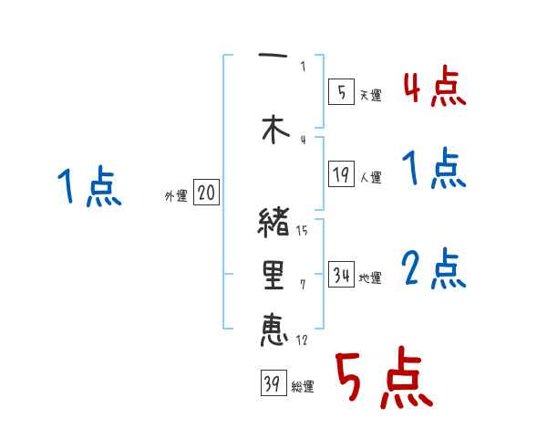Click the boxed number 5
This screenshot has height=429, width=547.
pyautogui.click(x=341, y=91)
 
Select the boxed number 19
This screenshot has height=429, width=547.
pyautogui.click(x=342, y=175)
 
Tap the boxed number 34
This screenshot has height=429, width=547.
pyautogui.click(x=342, y=276)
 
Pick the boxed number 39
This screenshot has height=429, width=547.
pyautogui.click(x=273, y=385)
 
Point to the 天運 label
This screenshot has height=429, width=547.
pyautogui.click(x=371, y=95)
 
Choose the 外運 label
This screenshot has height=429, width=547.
pyautogui.click(x=176, y=195)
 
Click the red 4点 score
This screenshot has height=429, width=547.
pyautogui.click(x=434, y=87)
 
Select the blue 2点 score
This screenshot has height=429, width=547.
pyautogui.click(x=434, y=269)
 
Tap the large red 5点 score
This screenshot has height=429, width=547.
pyautogui.click(x=382, y=380)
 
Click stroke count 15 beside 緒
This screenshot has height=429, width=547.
pyautogui.click(x=303, y=230)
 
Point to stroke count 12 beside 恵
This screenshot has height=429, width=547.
pyautogui.click(x=302, y=340)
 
